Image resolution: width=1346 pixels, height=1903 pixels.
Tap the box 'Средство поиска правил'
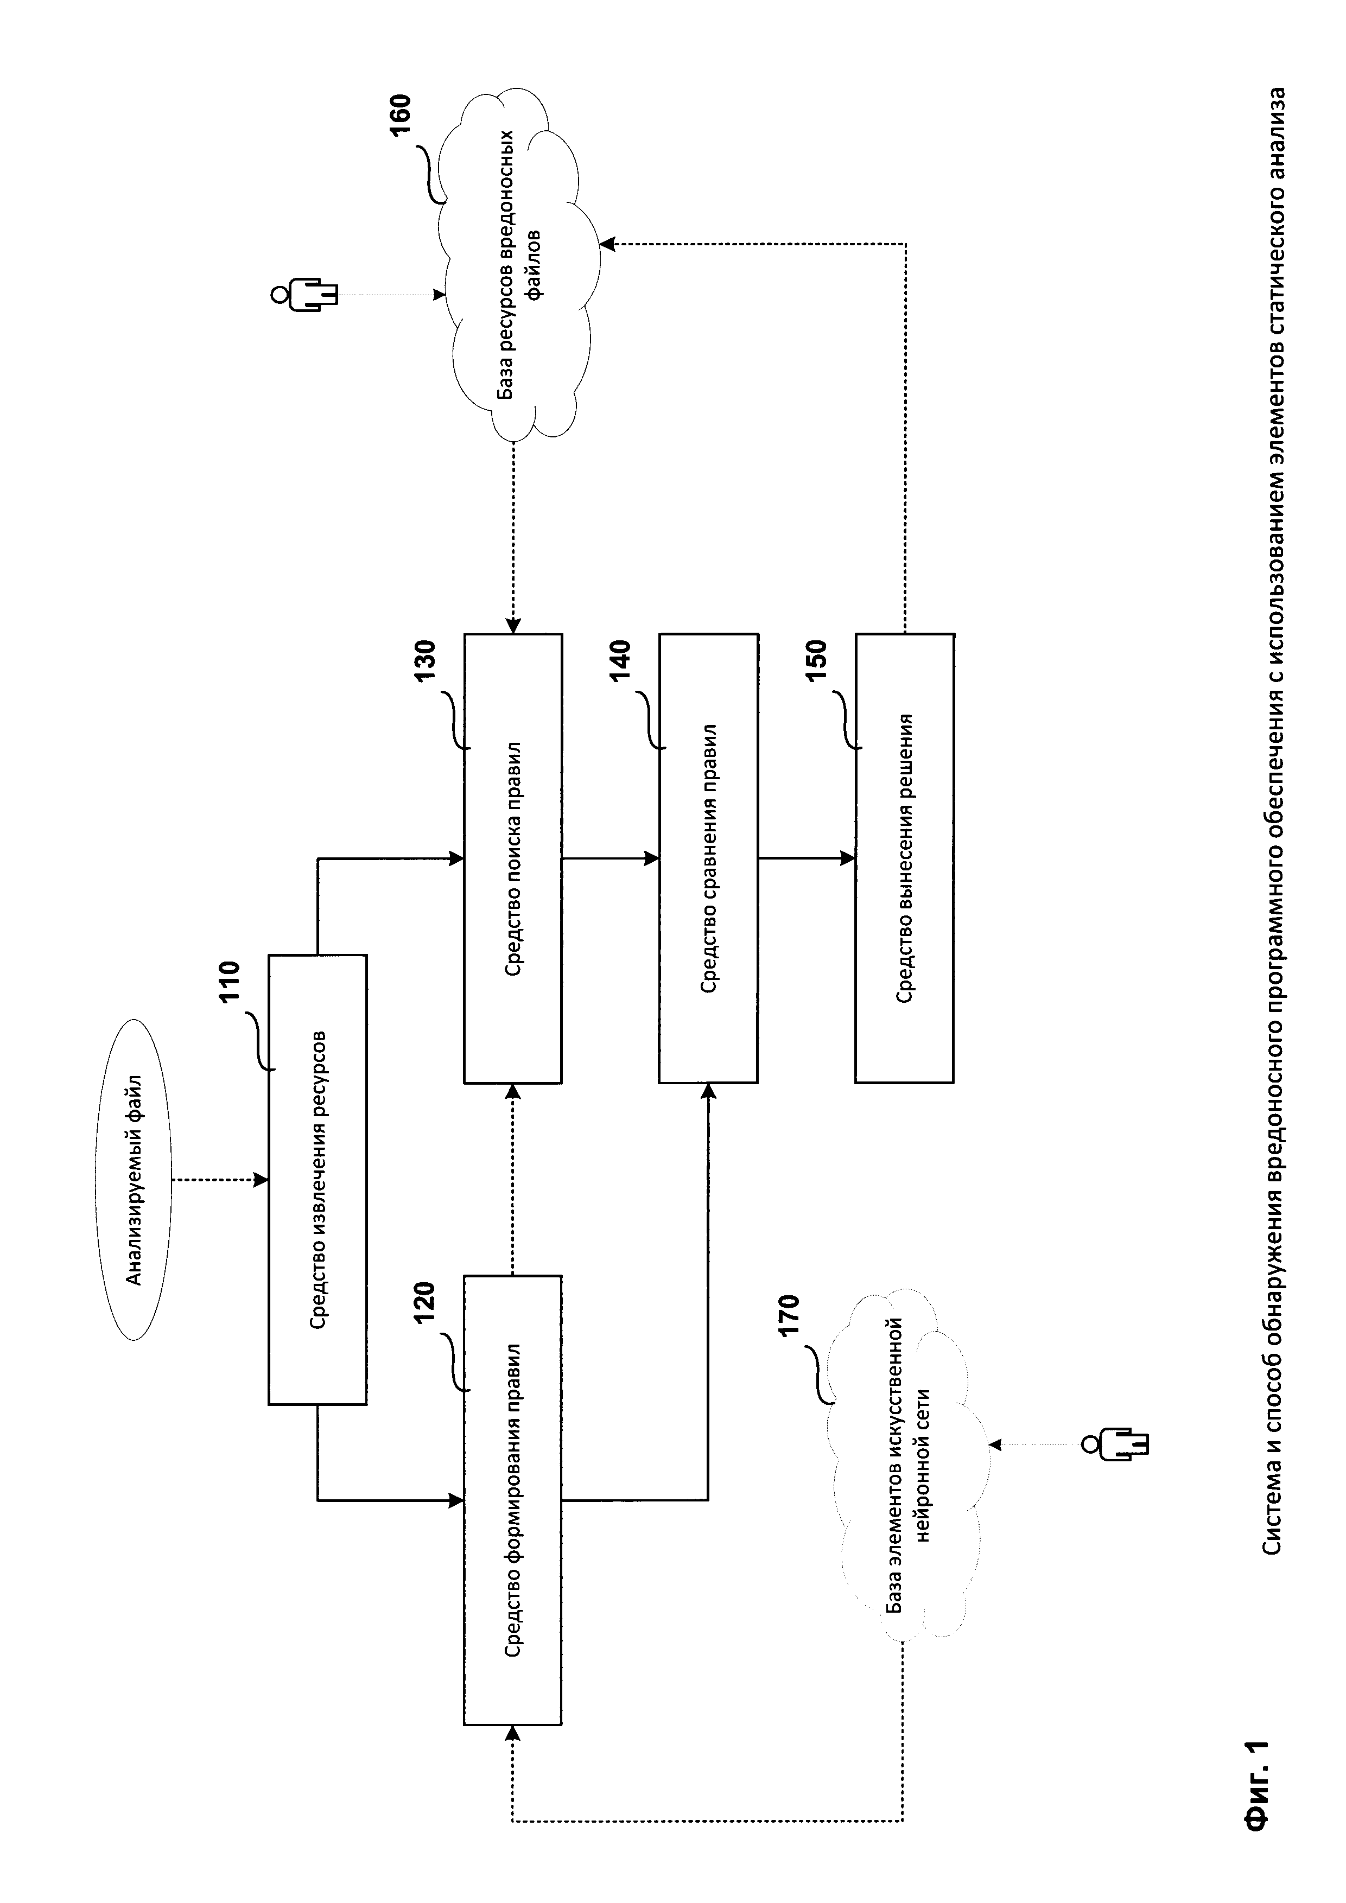tap(512, 858)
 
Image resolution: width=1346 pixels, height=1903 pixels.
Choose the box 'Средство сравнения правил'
tap(709, 858)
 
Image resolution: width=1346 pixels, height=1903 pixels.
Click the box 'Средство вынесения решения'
tap(904, 858)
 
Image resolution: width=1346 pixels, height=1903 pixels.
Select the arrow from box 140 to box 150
tap(807, 858)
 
